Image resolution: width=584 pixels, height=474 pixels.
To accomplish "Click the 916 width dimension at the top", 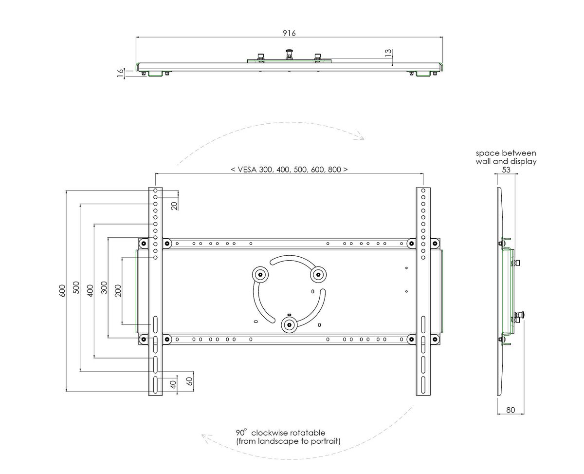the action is [x=289, y=33].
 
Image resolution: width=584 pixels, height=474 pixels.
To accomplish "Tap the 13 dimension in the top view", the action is [x=388, y=53].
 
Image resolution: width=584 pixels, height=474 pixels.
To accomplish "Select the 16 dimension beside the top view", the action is [x=120, y=73].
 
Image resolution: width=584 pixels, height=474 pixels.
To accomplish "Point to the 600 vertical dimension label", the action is [x=62, y=291].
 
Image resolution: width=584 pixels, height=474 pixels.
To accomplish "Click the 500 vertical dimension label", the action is [x=76, y=287].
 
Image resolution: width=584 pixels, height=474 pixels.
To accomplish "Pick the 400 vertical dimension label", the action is [x=90, y=291].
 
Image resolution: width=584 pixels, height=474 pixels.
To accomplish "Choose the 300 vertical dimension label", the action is [x=104, y=287].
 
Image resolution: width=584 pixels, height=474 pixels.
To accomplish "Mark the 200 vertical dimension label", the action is [x=118, y=291].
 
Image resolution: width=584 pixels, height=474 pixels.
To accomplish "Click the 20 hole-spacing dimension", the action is [x=174, y=206].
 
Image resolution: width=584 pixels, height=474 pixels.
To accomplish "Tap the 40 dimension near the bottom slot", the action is [x=173, y=384].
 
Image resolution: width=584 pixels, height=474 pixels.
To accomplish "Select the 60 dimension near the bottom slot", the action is [x=189, y=381].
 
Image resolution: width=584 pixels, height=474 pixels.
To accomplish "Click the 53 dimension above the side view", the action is [x=506, y=170].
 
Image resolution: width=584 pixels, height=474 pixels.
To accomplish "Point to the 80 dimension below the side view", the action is [x=510, y=410].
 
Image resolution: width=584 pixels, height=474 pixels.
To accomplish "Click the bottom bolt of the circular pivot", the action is [x=289, y=325].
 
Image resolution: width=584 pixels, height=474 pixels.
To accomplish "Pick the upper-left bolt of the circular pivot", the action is [x=260, y=274].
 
